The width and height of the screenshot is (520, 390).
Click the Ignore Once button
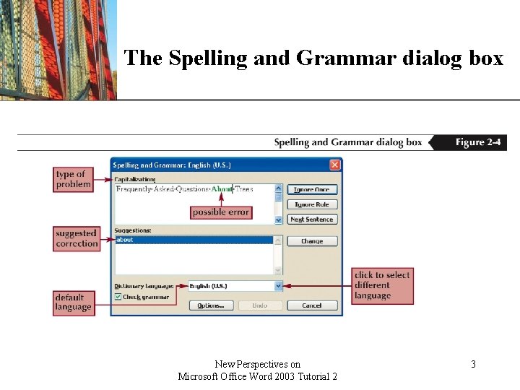click(x=312, y=190)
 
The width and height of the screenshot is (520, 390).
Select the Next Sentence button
click(x=312, y=220)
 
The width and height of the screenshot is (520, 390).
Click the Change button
click(x=312, y=241)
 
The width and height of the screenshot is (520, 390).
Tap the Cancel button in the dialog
click(x=312, y=305)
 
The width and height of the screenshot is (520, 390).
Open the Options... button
click(x=211, y=305)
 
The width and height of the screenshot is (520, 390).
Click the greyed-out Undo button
click(x=260, y=305)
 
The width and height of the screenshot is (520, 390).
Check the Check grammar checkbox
click(x=118, y=297)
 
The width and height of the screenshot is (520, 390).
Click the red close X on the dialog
click(x=335, y=165)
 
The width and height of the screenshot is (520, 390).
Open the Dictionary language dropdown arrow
click(x=278, y=286)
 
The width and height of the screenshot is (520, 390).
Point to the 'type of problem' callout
click(x=74, y=179)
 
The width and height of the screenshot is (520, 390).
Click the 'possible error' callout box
click(x=221, y=212)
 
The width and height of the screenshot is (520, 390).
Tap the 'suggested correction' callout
click(x=77, y=238)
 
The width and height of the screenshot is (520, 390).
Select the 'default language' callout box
click(x=73, y=302)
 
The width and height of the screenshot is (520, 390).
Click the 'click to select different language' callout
click(x=383, y=285)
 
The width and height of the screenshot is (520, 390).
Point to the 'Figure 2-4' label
click(x=477, y=142)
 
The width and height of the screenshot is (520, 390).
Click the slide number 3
click(x=473, y=365)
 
